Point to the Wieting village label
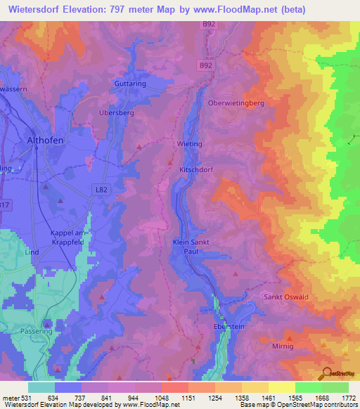[x=189, y=144]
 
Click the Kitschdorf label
[x=194, y=170]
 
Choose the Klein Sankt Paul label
[x=191, y=246]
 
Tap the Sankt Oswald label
[x=286, y=297]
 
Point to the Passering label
[x=37, y=330]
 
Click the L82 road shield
[x=101, y=189]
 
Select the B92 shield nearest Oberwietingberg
[x=205, y=65]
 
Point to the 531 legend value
[x=27, y=398]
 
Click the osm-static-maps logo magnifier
[x=325, y=375]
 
